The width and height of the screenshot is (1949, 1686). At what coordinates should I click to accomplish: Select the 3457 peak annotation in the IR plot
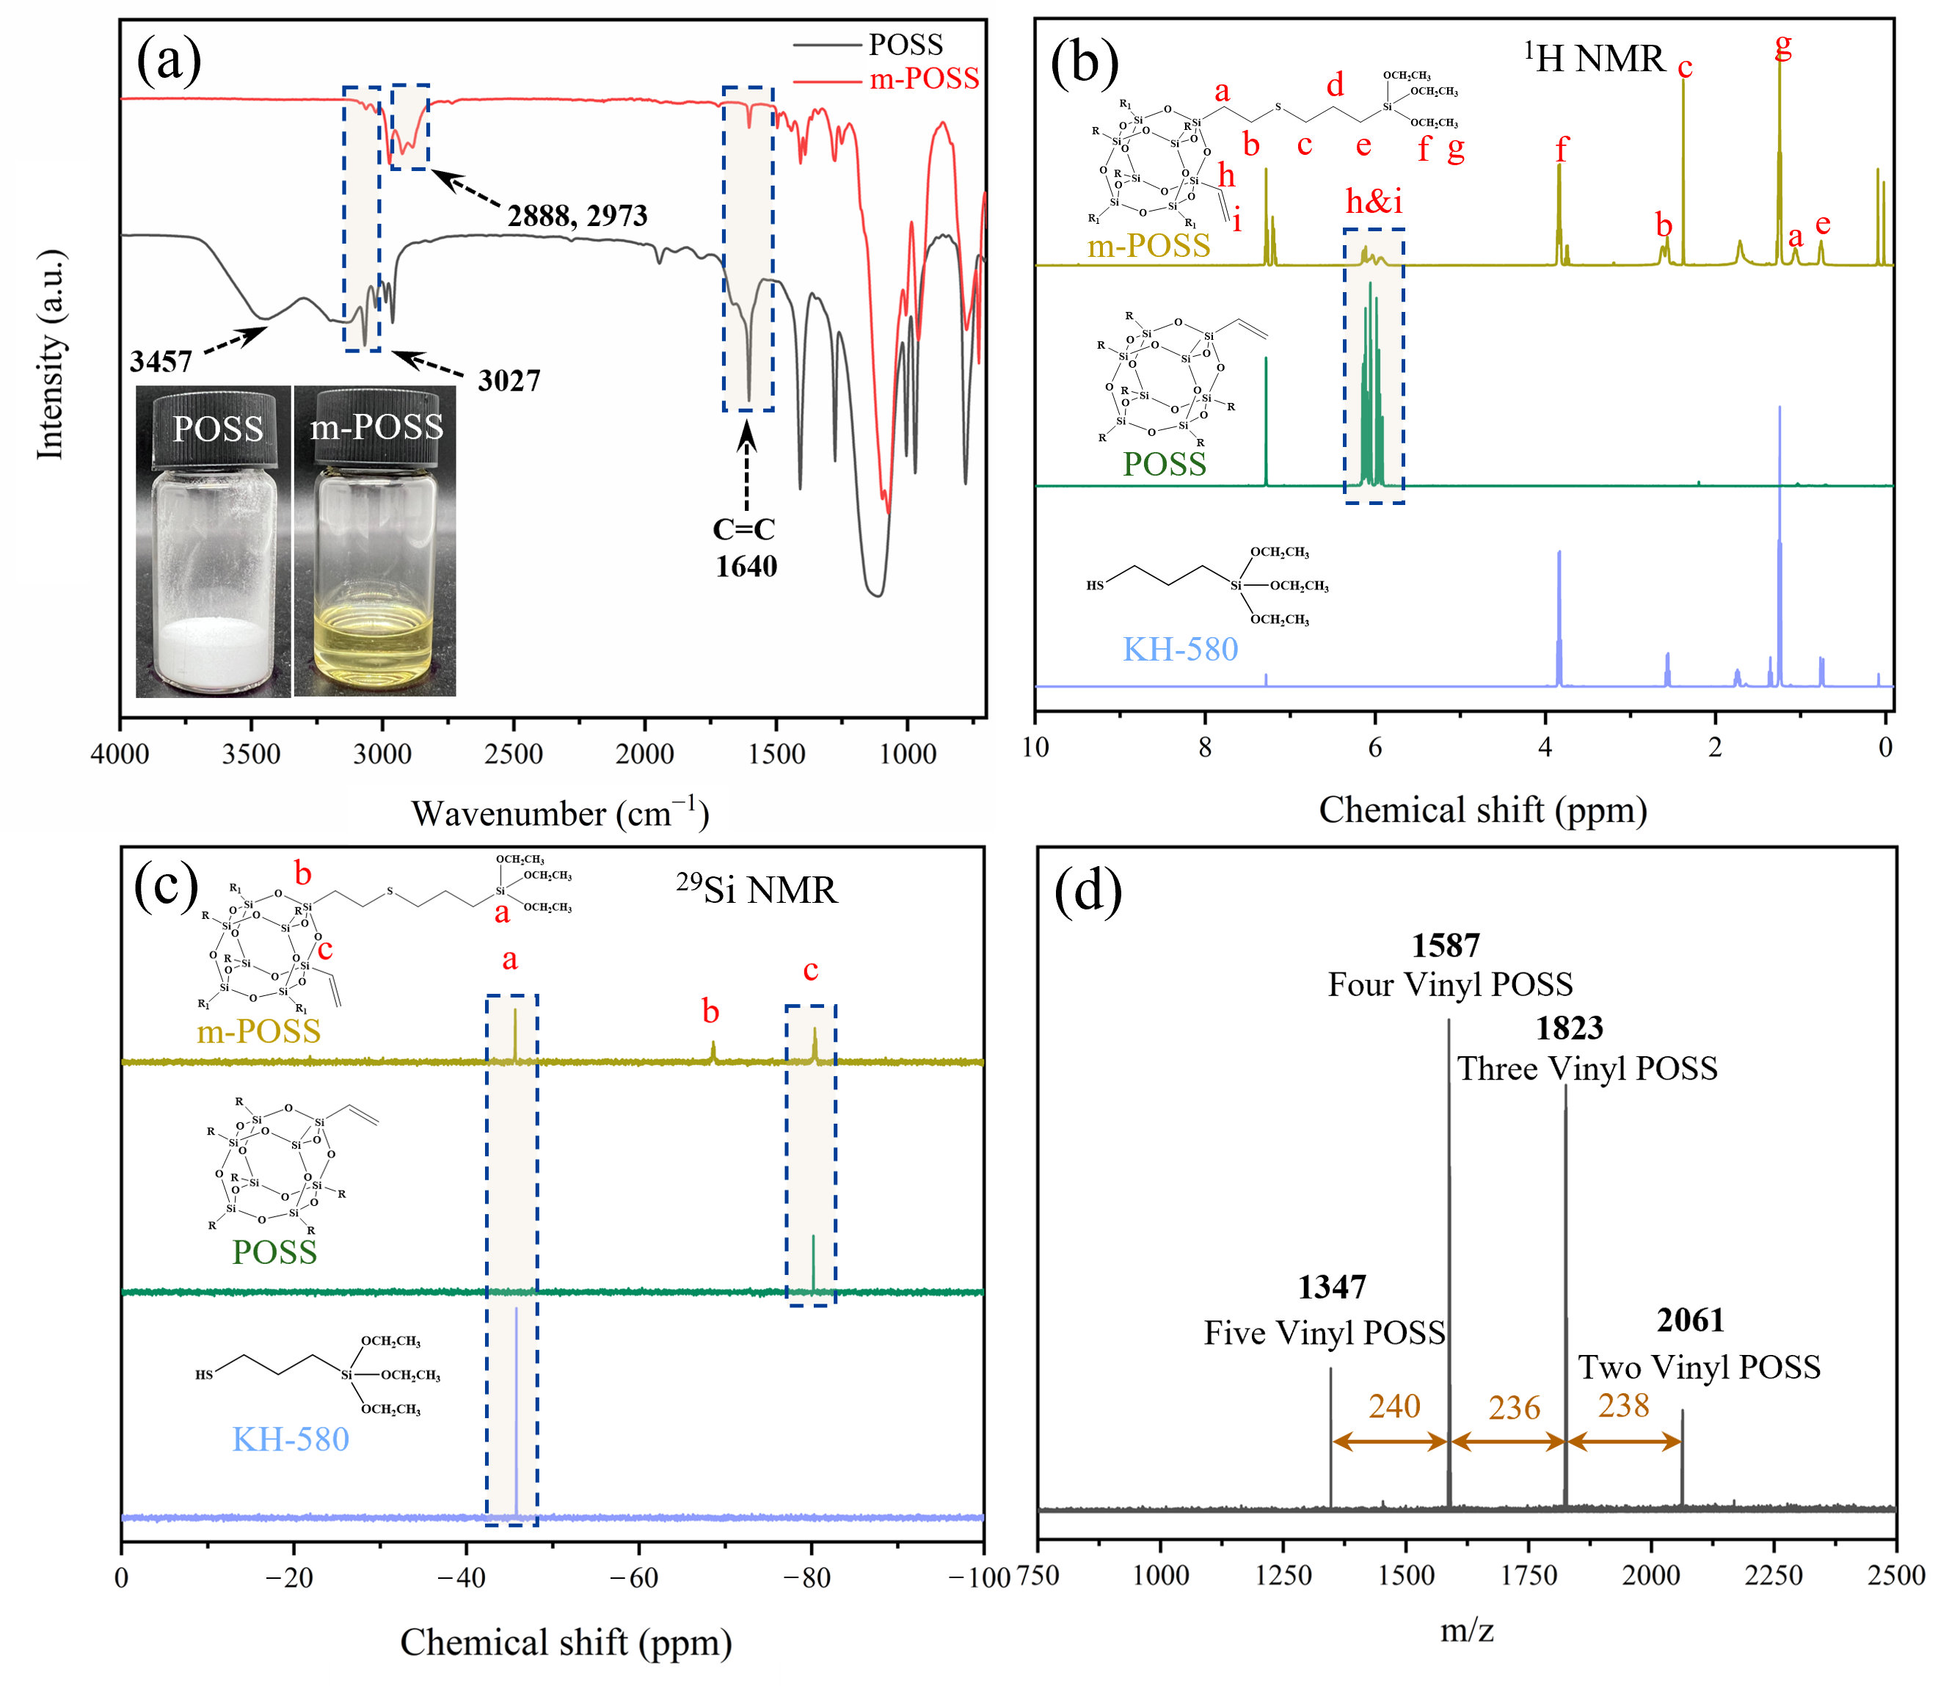pos(161,361)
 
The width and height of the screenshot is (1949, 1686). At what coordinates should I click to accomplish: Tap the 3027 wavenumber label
pos(509,381)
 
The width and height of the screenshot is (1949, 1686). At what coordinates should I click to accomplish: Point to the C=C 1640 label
pos(745,548)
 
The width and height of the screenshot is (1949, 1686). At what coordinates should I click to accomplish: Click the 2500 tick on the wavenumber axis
pos(514,754)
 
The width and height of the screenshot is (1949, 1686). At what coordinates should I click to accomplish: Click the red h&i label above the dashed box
pos(1374,201)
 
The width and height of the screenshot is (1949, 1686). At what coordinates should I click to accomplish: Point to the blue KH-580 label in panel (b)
pos(1181,649)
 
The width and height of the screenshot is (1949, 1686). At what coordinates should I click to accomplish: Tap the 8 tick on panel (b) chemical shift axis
pos(1205,748)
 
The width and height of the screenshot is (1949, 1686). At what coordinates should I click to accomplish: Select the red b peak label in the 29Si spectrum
pos(710,1011)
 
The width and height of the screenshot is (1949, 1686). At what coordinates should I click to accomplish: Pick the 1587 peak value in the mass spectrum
pos(1446,945)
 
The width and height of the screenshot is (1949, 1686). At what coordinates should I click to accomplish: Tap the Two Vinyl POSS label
pos(1699,1367)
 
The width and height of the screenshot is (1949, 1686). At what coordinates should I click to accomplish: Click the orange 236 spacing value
pos(1515,1408)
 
